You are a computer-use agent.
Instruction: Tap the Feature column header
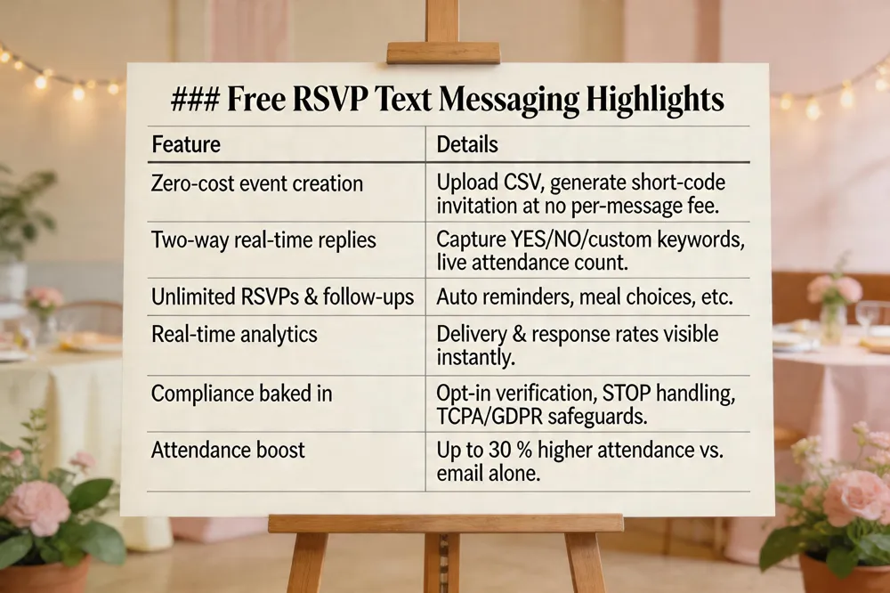186,143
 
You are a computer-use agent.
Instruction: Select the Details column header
466,143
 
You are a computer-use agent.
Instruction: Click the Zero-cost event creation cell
257,184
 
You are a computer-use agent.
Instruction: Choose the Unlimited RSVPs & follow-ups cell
282,296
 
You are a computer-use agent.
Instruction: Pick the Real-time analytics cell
236,334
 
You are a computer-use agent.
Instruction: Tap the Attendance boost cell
228,450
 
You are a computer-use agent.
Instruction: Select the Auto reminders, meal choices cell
584,296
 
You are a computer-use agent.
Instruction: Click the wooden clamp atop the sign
442,53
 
